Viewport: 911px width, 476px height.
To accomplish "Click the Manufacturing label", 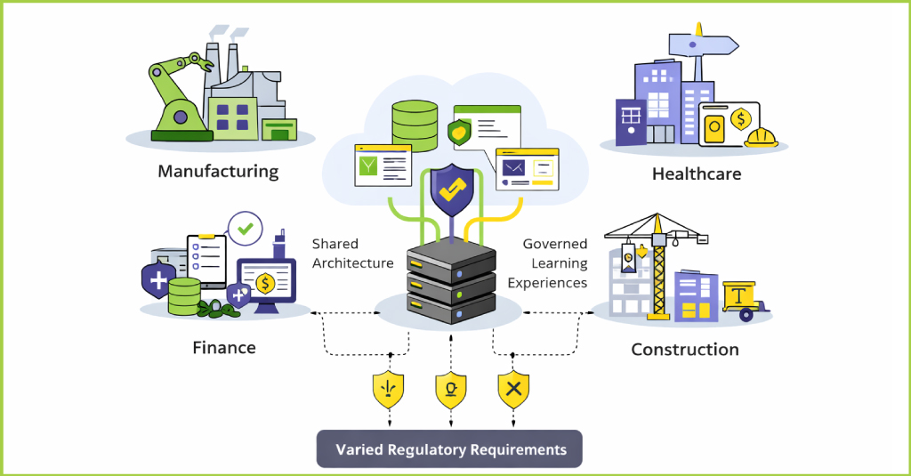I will click(218, 171).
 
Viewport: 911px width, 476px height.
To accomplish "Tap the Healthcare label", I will click(696, 173).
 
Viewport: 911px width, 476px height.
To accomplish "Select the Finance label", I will click(224, 347).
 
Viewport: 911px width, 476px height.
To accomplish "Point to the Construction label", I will click(684, 349).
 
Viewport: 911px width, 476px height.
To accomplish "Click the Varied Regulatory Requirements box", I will click(450, 449).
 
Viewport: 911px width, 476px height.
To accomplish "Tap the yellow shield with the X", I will click(513, 390).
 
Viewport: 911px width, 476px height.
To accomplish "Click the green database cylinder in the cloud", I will click(415, 125).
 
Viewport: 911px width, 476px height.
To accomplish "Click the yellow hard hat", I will click(762, 137).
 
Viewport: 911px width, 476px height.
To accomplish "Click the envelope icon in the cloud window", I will click(512, 166).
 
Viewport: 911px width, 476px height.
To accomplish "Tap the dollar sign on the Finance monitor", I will click(264, 283).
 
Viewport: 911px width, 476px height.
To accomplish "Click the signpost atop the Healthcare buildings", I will click(702, 44).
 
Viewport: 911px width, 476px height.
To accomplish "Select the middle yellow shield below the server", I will click(451, 390).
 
